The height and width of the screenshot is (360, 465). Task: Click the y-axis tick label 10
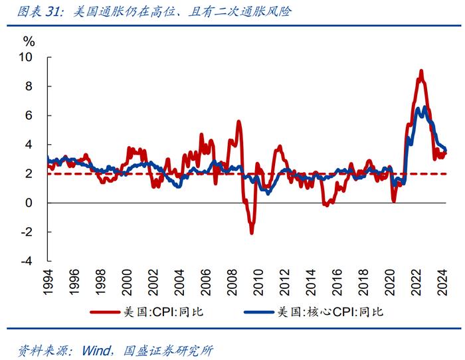25,57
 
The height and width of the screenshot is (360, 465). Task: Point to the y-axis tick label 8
29,86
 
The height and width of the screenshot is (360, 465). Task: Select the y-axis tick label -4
27,261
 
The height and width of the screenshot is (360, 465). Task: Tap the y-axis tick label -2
27,232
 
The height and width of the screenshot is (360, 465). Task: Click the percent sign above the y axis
29,41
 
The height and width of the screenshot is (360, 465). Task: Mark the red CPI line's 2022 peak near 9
421,70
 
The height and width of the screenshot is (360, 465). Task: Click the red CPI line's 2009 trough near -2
252,232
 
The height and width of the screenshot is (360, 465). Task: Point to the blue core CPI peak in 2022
424,107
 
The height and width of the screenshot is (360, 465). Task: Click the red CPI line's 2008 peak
238,122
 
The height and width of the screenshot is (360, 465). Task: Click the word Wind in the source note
96,349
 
